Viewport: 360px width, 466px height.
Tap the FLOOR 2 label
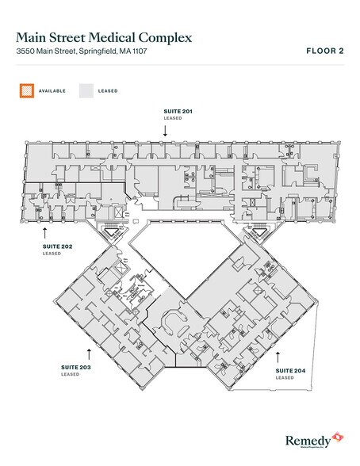pyautogui.click(x=326, y=52)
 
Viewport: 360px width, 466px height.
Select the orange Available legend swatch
pyautogui.click(x=26, y=90)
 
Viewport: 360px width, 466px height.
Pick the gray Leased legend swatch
pyautogui.click(x=86, y=90)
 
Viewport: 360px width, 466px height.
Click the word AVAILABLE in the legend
pyautogui.click(x=53, y=91)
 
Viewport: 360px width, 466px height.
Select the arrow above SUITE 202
pyautogui.click(x=46, y=232)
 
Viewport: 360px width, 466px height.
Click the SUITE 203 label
pyautogui.click(x=77, y=369)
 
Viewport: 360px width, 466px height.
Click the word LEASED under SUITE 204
pyautogui.click(x=284, y=379)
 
